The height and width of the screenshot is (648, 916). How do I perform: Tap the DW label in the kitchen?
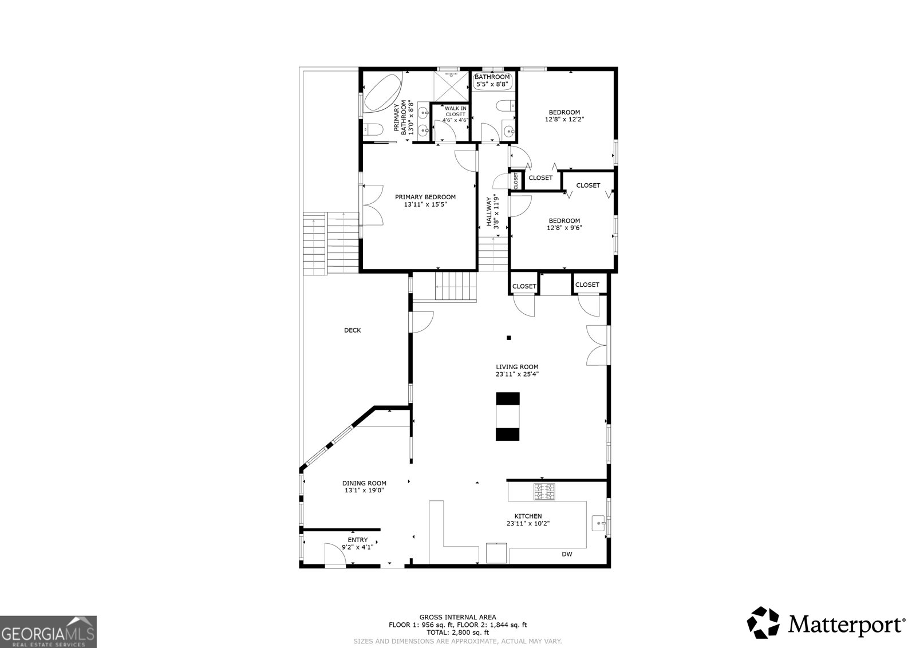(x=566, y=554)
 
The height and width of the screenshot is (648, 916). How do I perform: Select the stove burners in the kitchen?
(x=544, y=492)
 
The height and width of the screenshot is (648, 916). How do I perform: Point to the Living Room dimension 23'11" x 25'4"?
(x=517, y=374)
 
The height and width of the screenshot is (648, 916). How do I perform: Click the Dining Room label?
(x=364, y=483)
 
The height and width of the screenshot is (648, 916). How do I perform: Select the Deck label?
(x=352, y=330)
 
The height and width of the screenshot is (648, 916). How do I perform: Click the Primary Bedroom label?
(x=425, y=197)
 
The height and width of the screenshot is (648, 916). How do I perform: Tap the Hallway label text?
(x=489, y=212)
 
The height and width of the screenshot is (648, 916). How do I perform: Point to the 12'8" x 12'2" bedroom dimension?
(x=564, y=120)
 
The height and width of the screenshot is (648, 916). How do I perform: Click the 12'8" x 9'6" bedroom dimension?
(x=564, y=228)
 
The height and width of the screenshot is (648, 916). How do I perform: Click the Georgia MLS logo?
(x=48, y=631)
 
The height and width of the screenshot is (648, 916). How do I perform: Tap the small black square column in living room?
(x=508, y=337)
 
